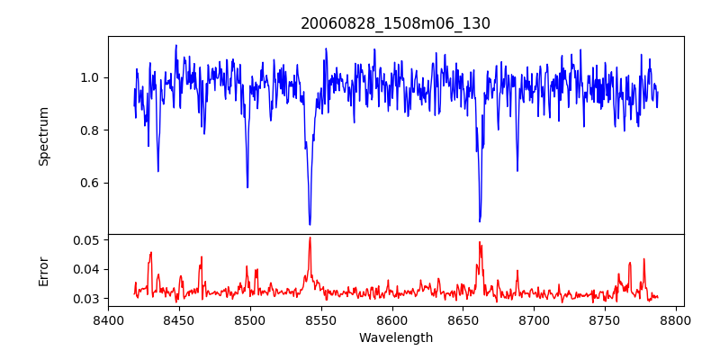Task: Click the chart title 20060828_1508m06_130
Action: coord(395,23)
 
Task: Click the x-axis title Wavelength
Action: coord(395,338)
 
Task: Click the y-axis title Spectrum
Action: coord(44,136)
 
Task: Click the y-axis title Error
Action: coord(44,270)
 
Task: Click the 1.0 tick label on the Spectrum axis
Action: coord(88,77)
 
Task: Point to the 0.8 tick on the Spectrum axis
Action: coord(88,130)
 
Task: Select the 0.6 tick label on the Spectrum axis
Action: coord(88,184)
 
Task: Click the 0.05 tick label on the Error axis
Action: coord(85,240)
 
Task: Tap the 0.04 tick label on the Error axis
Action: coord(85,269)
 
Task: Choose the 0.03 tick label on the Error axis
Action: coord(85,298)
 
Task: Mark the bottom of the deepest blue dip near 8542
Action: coord(310,224)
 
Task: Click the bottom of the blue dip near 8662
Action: coord(480,221)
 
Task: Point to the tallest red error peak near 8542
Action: coord(310,238)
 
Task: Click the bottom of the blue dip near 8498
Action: coord(247,187)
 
